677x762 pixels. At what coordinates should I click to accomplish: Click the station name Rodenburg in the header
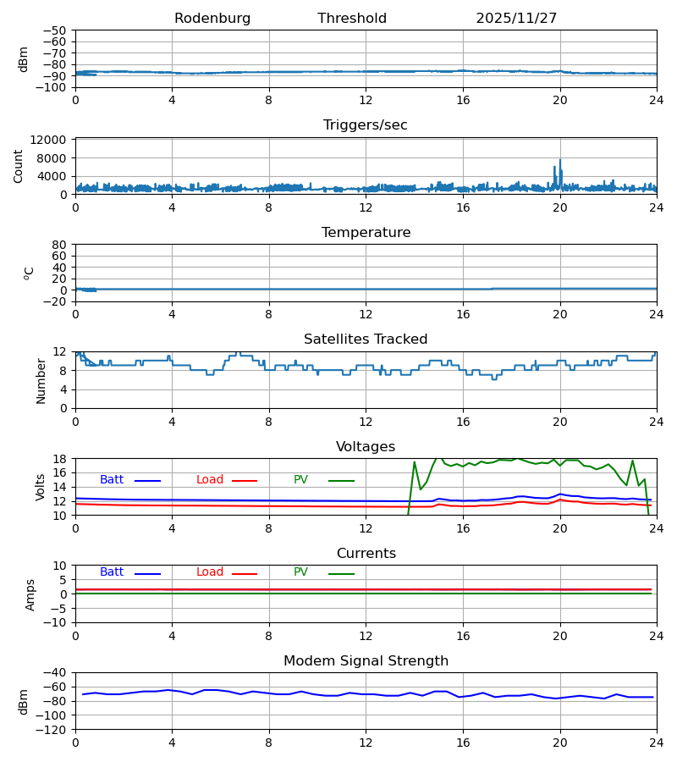(212, 19)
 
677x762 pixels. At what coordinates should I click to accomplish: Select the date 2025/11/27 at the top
(516, 19)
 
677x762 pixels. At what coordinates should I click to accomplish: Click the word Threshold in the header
(352, 19)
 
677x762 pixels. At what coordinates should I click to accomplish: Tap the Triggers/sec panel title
(366, 125)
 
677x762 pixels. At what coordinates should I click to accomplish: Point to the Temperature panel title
(366, 233)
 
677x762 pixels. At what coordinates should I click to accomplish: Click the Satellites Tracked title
(366, 340)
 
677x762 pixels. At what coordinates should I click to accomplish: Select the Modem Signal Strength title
(366, 661)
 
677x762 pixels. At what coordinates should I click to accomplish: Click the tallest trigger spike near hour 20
(559, 160)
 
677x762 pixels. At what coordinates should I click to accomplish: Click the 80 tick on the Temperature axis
(60, 245)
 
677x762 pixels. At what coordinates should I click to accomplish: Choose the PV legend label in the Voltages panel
(300, 480)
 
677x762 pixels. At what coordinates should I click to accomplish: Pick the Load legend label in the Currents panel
(210, 572)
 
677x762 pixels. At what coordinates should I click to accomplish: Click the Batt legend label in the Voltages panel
(112, 480)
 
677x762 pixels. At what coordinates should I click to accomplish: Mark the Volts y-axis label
(41, 487)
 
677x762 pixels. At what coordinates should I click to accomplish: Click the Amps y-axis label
(31, 594)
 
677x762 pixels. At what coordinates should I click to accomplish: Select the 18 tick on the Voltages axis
(60, 459)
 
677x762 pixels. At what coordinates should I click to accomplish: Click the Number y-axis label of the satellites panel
(41, 380)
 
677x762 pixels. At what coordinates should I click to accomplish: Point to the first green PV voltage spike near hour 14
(415, 462)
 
